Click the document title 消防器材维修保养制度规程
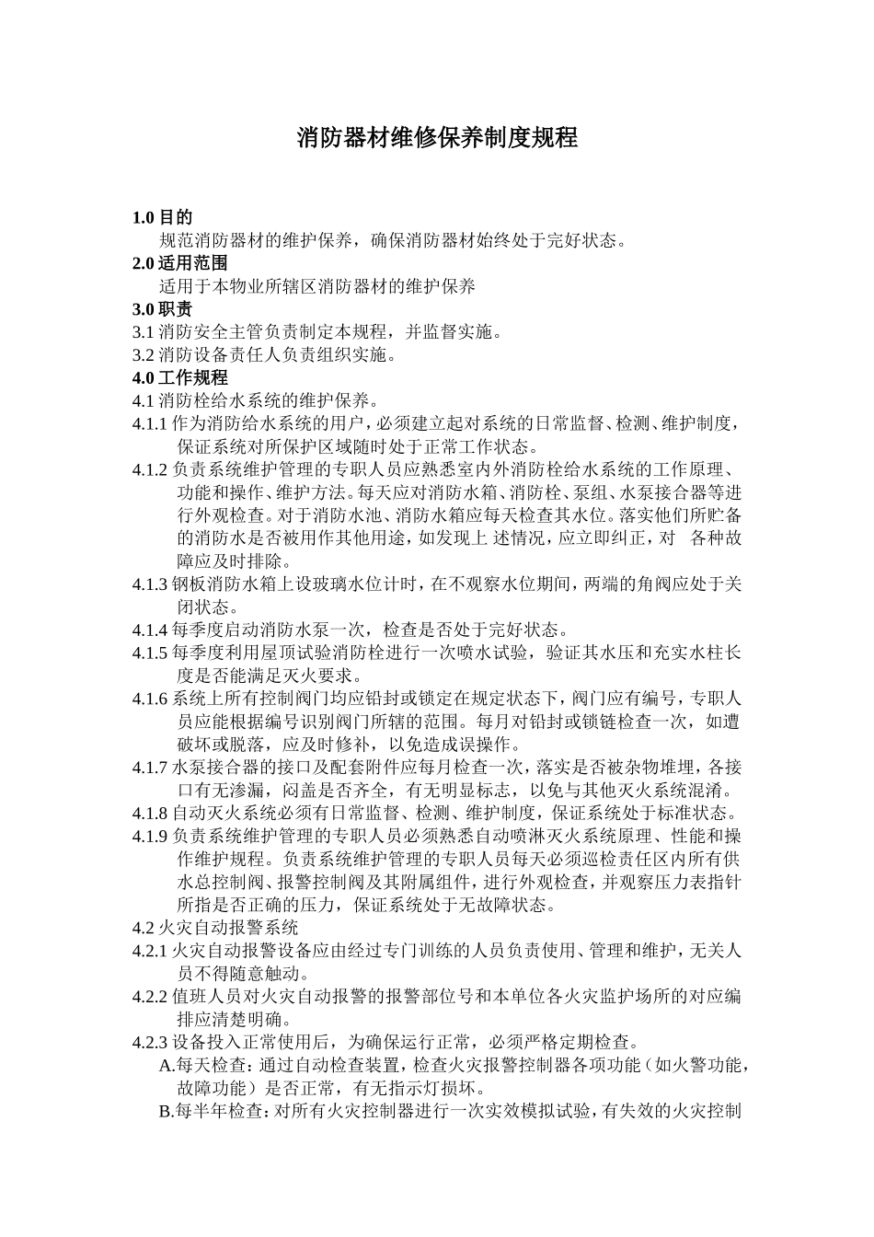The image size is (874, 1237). click(437, 139)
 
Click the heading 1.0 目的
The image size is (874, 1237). click(163, 218)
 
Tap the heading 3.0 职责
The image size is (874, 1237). click(163, 309)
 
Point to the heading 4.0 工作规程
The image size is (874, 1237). click(179, 377)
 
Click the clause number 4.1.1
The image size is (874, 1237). click(151, 424)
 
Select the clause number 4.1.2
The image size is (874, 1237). click(151, 469)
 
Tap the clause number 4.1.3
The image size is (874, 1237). click(151, 584)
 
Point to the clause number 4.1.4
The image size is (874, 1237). click(151, 630)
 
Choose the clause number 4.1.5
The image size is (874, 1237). click(151, 653)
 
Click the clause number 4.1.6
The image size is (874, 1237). click(151, 699)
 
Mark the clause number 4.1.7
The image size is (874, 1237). click(151, 768)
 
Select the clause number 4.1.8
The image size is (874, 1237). click(151, 814)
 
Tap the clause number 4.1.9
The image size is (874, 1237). click(151, 836)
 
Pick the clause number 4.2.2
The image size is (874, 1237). click(151, 997)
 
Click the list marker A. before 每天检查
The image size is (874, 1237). click(167, 1066)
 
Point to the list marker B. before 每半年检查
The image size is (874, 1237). click(167, 1111)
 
